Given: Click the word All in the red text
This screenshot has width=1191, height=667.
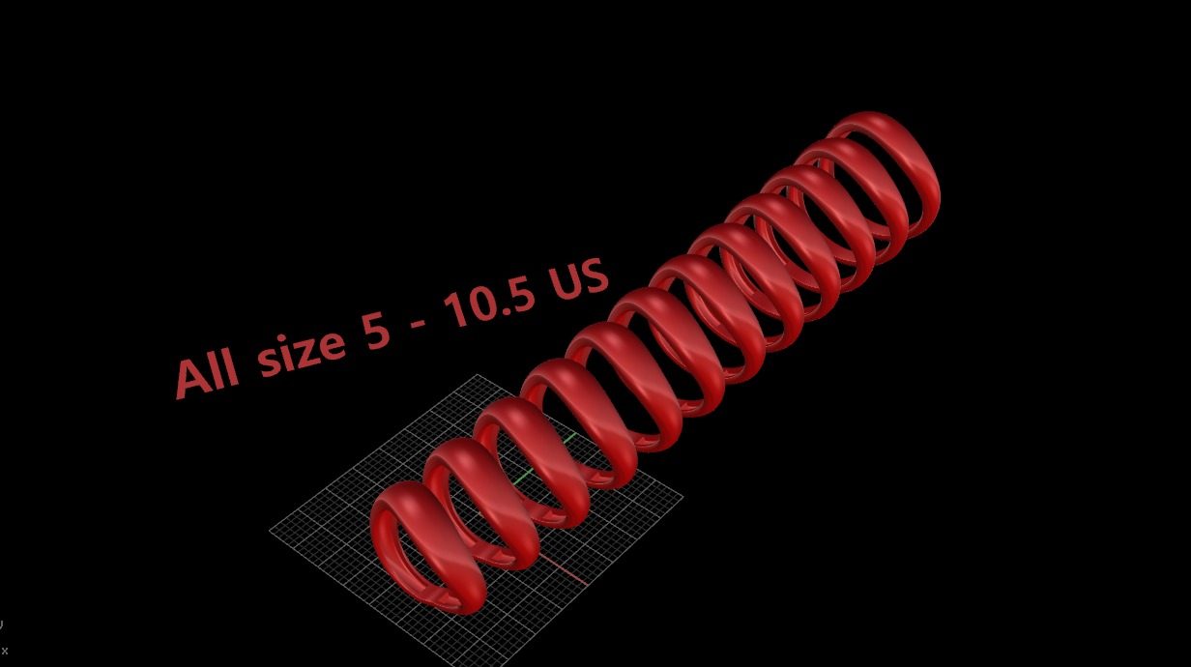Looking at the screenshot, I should click(208, 373).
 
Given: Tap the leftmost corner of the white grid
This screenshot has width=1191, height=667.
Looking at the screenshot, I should click(270, 530).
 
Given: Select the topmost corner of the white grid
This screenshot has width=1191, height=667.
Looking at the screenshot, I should click(477, 374).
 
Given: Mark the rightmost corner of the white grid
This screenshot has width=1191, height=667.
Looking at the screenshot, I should click(683, 498).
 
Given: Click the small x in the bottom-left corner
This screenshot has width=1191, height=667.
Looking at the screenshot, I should click(5, 651).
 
